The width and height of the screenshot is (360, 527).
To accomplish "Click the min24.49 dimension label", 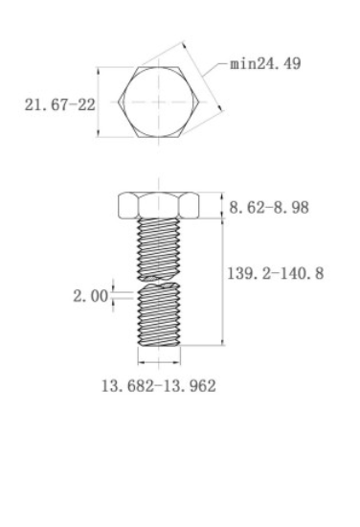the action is [265, 63].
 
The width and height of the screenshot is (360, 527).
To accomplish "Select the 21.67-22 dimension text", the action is [60, 104].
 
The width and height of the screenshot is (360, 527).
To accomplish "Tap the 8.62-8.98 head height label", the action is [269, 207].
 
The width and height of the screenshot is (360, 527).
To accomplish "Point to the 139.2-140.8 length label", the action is [276, 273].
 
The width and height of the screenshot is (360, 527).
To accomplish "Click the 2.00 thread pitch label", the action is [91, 296].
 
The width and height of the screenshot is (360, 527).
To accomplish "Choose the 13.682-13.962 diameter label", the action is [159, 386].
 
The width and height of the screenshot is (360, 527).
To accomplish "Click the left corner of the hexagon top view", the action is [118, 102].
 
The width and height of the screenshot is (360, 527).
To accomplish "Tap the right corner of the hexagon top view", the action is [199, 102].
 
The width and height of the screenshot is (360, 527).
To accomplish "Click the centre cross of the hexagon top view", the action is [159, 102].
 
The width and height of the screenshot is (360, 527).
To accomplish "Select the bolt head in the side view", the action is [159, 205].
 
